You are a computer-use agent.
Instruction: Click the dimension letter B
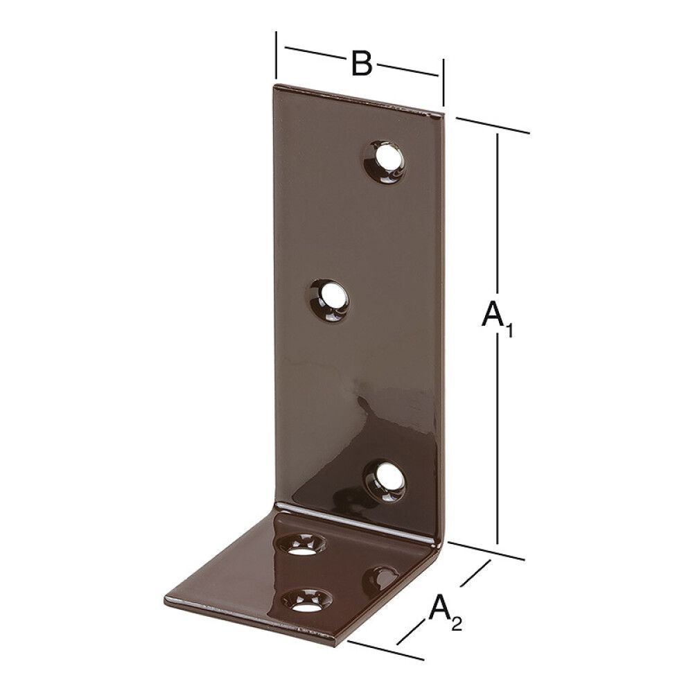pos(361,63)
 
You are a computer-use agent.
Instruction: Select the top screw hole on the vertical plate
pos(385,159)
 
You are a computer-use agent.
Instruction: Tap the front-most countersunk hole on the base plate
pos(304,601)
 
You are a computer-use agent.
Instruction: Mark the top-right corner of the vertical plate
pos(442,111)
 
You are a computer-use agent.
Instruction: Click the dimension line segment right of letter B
pos(407,71)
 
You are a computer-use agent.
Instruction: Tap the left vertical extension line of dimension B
pos(276,55)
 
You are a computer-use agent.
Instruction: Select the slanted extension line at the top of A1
pos(493,125)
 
